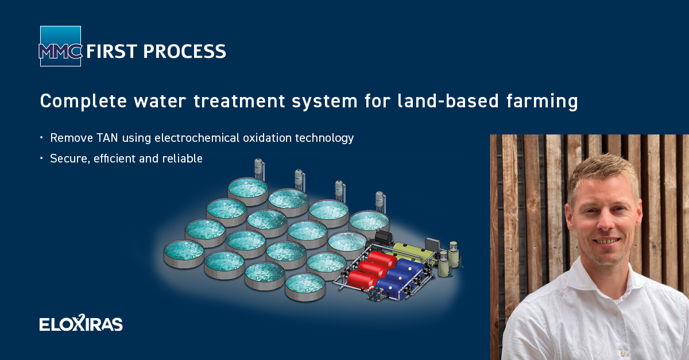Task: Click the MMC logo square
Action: [61, 46]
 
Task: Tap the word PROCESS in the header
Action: [184, 51]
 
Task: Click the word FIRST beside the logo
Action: [111, 51]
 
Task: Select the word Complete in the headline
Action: [83, 102]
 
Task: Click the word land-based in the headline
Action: [448, 100]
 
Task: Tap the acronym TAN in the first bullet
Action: [107, 138]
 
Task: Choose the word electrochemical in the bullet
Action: [197, 138]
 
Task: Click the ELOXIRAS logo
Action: [81, 323]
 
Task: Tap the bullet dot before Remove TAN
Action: [41, 138]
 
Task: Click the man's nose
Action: [605, 222]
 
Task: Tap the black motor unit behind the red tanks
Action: [382, 238]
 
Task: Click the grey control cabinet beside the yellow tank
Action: [433, 245]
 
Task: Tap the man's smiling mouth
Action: [606, 241]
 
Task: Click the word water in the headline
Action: [160, 101]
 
